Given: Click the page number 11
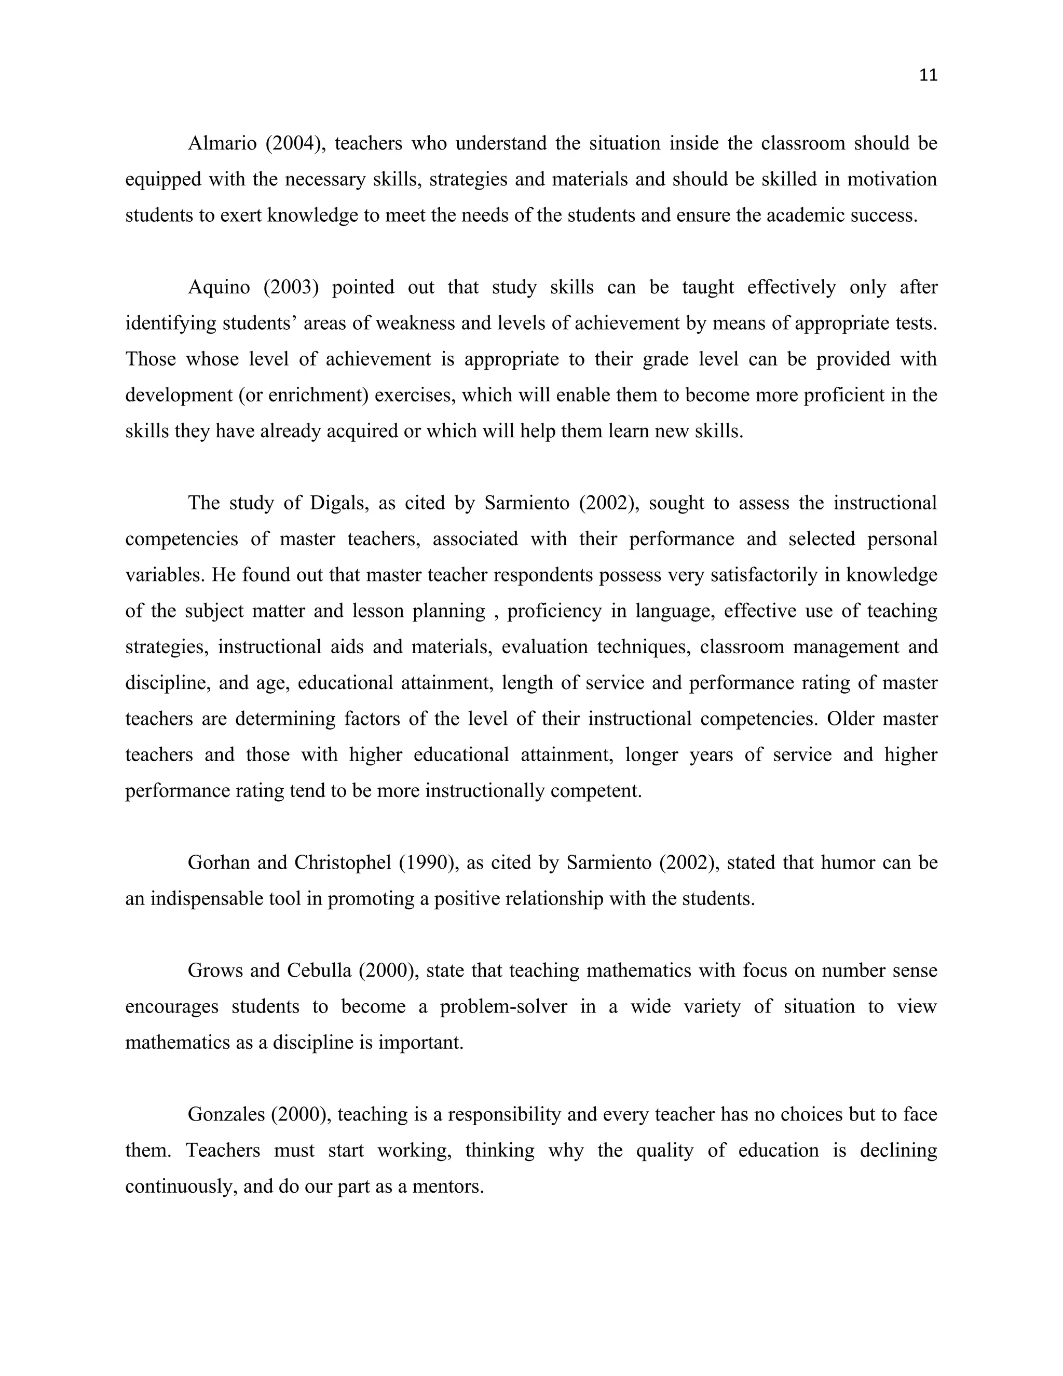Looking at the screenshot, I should tap(928, 76).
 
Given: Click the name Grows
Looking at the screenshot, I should tap(215, 971).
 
